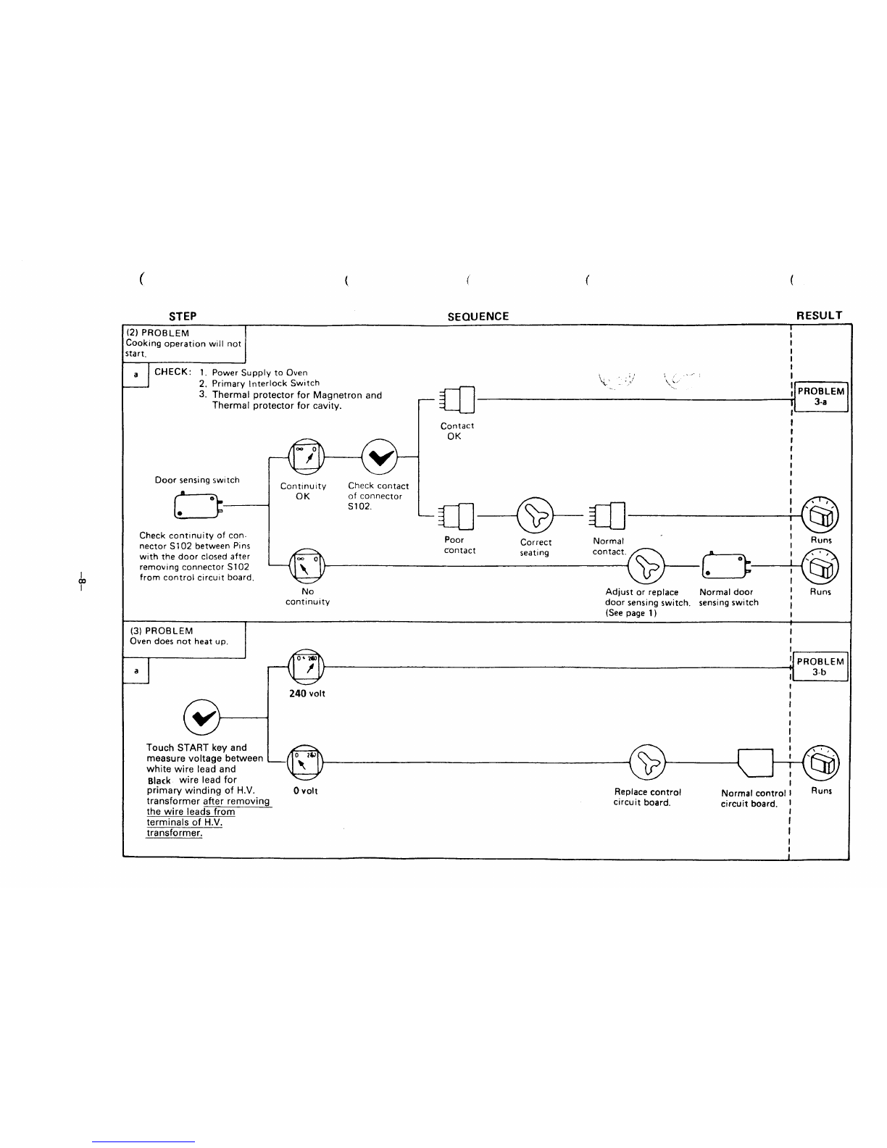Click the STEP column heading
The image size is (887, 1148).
[183, 317]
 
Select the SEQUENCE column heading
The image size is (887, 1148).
[478, 317]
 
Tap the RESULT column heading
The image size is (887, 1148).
[820, 315]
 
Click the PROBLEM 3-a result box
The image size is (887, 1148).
[821, 396]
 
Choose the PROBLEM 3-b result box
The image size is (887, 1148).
[820, 667]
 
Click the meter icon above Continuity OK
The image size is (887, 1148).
[307, 457]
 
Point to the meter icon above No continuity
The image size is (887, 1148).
[307, 566]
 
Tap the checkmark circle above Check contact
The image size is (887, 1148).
[379, 457]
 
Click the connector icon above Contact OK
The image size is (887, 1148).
[457, 400]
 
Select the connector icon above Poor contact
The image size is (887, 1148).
[457, 516]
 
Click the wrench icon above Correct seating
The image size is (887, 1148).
[535, 515]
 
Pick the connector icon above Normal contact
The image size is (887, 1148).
[607, 515]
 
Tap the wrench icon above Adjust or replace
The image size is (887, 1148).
[646, 566]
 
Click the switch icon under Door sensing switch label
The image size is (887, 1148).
[198, 506]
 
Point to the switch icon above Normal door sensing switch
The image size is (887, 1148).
[726, 566]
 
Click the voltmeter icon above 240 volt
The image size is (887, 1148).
[307, 667]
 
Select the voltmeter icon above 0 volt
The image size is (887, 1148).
[305, 762]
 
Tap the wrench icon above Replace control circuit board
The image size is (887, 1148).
[648, 762]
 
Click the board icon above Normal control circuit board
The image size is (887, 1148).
[755, 763]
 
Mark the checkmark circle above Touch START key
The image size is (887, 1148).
[201, 717]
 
